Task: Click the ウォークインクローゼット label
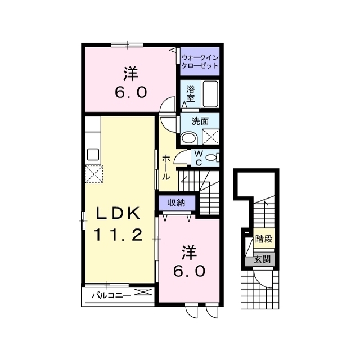[200, 61]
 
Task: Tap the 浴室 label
[191, 93]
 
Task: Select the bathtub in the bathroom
[210, 93]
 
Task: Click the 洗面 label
[200, 121]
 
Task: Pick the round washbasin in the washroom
[189, 138]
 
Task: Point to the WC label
[199, 157]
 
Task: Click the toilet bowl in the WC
[211, 157]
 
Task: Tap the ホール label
[166, 168]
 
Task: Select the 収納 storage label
[176, 202]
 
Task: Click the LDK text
[118, 213]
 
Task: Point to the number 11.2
[118, 235]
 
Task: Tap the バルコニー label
[111, 295]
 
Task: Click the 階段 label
[264, 239]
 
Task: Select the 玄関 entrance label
[262, 259]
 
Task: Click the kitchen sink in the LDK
[93, 154]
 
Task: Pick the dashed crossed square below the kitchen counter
[94, 174]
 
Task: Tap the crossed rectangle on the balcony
[143, 292]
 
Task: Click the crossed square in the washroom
[211, 137]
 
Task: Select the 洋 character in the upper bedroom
[131, 74]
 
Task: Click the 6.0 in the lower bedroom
[189, 272]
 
